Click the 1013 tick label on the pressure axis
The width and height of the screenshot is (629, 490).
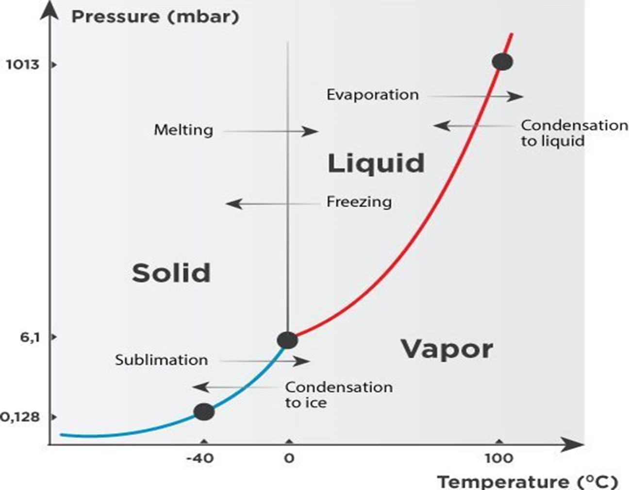pyautogui.click(x=23, y=65)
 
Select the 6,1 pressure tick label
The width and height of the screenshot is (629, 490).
pyautogui.click(x=30, y=338)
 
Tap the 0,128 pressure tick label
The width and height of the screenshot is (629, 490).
pyautogui.click(x=20, y=417)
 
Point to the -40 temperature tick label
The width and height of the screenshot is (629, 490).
pyautogui.click(x=200, y=458)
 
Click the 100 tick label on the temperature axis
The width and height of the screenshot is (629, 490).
pyautogui.click(x=499, y=458)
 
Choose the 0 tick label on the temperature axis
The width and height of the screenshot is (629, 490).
pyautogui.click(x=289, y=458)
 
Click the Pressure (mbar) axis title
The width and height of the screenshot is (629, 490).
pyautogui.click(x=155, y=17)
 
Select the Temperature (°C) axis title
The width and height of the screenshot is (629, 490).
pyautogui.click(x=528, y=482)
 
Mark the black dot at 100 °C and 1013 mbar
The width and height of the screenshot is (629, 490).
pyautogui.click(x=502, y=62)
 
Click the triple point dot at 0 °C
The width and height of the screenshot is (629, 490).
pyautogui.click(x=287, y=340)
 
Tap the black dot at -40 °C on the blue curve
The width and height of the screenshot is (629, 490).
pyautogui.click(x=204, y=411)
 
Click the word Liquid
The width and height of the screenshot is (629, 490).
pyautogui.click(x=376, y=164)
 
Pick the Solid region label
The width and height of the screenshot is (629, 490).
pyautogui.click(x=171, y=273)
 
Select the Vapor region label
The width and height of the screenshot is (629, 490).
pyautogui.click(x=447, y=350)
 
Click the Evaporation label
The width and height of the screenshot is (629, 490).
pyautogui.click(x=373, y=95)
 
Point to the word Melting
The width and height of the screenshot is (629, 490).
pyautogui.click(x=183, y=130)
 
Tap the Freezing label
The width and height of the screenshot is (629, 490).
pyautogui.click(x=359, y=202)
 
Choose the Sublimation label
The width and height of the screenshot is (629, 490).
pyautogui.click(x=162, y=360)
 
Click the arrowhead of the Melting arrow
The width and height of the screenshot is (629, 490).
pyautogui.click(x=310, y=132)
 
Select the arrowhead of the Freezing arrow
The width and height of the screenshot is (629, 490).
pyautogui.click(x=234, y=204)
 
